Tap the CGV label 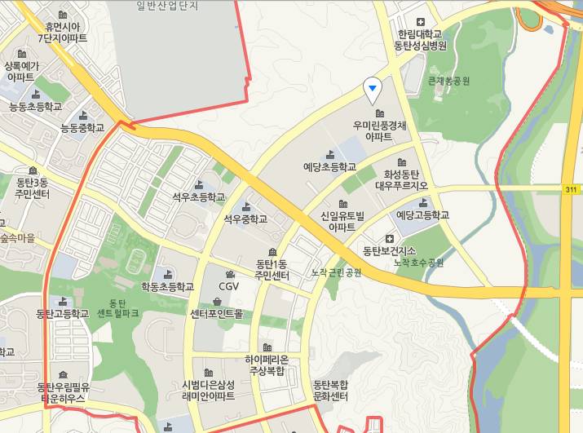(x=228, y=286)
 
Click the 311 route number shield (x=571, y=189)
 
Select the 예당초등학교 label (x=329, y=166)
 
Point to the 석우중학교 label (x=245, y=219)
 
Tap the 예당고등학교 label (x=422, y=215)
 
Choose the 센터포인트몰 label (x=216, y=313)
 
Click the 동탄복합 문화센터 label (x=330, y=390)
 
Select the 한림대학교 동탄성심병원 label (x=420, y=39)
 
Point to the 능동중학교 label (x=82, y=128)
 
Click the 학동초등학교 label (x=167, y=286)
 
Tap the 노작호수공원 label (x=418, y=263)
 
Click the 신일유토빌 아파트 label (x=342, y=222)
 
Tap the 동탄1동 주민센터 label (x=272, y=269)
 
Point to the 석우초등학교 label (x=198, y=197)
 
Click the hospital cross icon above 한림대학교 (x=421, y=22)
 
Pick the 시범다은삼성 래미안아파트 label (x=209, y=390)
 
